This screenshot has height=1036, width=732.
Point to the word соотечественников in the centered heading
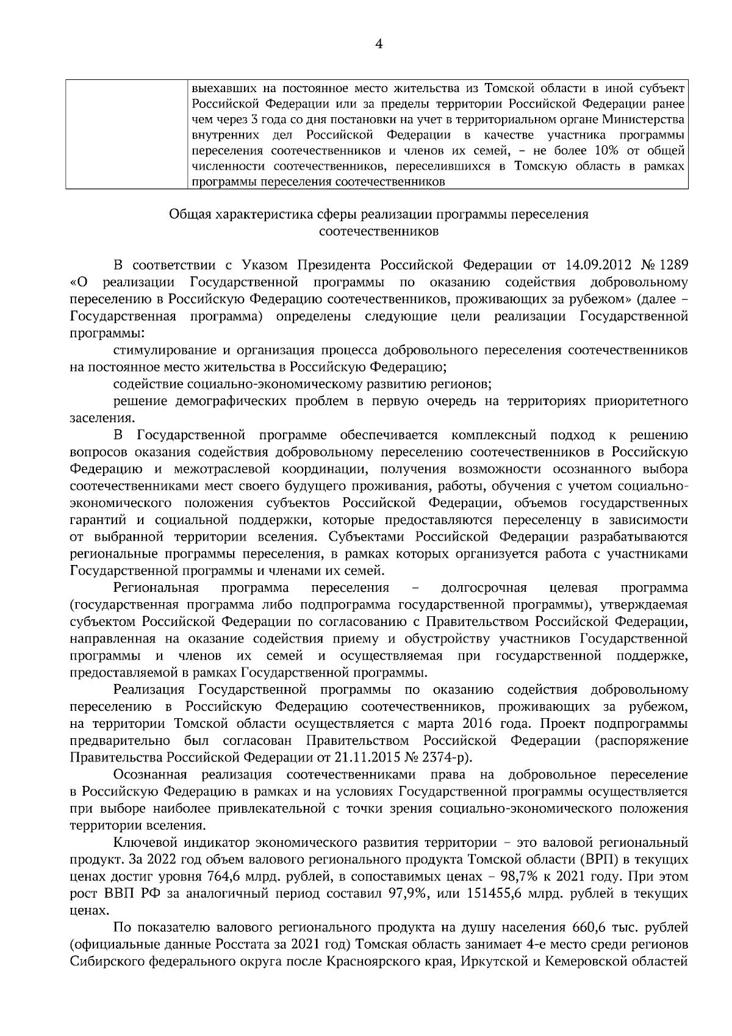pos(378,232)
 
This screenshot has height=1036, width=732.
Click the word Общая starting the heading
pos(187,215)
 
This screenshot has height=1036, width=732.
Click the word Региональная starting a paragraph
pos(156,588)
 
